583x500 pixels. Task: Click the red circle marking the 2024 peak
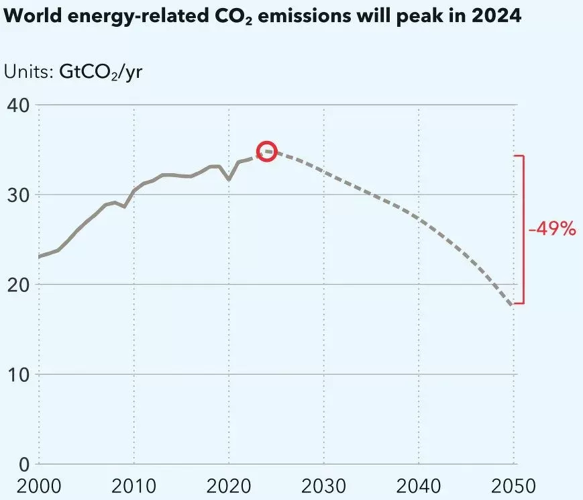point(267,151)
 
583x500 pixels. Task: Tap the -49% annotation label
point(552,229)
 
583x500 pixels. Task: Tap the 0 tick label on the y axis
point(22,464)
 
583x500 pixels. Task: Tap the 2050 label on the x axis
point(513,485)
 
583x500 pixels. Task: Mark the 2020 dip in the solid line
point(229,179)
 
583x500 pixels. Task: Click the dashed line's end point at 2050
point(513,306)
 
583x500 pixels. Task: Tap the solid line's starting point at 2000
point(39,256)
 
